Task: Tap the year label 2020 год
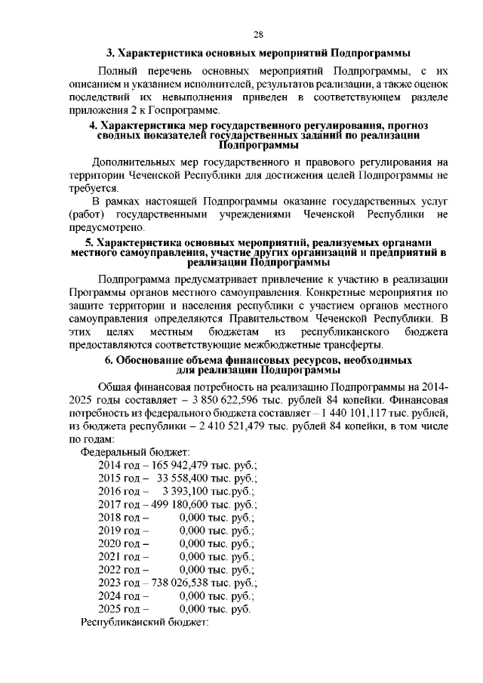[123, 543]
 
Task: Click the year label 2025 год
[123, 609]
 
